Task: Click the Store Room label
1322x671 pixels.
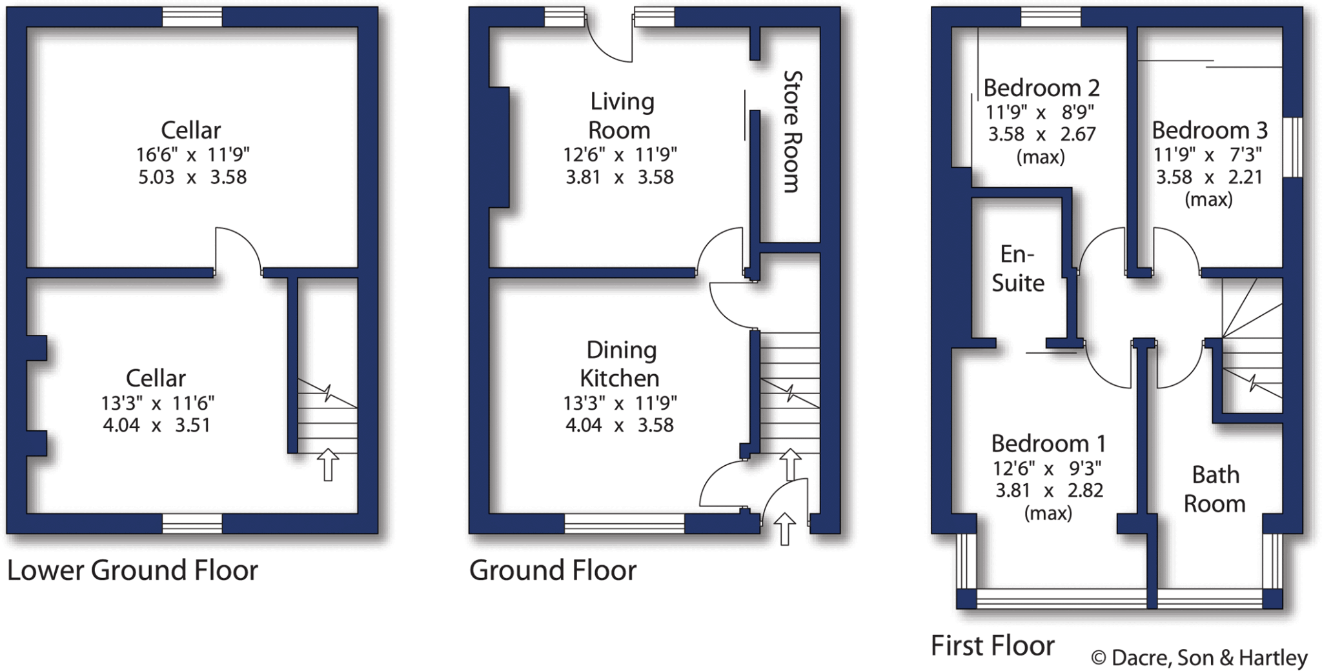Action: pos(791,132)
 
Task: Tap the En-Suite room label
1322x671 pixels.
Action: pos(1018,268)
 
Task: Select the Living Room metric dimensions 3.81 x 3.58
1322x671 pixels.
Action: pos(620,177)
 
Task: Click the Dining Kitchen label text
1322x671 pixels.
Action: pos(619,363)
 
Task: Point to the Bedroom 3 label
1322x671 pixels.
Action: pos(1209,130)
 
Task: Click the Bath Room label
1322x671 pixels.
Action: pos(1215,488)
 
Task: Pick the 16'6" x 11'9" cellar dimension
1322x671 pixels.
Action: pos(192,154)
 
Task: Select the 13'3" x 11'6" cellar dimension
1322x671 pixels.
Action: pos(157,403)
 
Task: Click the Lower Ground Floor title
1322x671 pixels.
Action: pos(132,570)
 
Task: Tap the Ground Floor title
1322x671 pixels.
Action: pos(553,570)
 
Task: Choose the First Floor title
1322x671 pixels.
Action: pos(992,645)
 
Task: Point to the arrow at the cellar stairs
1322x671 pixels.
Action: pos(328,465)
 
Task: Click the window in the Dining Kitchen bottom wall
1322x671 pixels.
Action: pos(624,523)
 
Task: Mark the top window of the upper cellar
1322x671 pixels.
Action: pos(192,17)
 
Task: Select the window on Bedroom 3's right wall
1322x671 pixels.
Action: pos(1292,147)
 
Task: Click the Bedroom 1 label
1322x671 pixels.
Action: pos(1048,444)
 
